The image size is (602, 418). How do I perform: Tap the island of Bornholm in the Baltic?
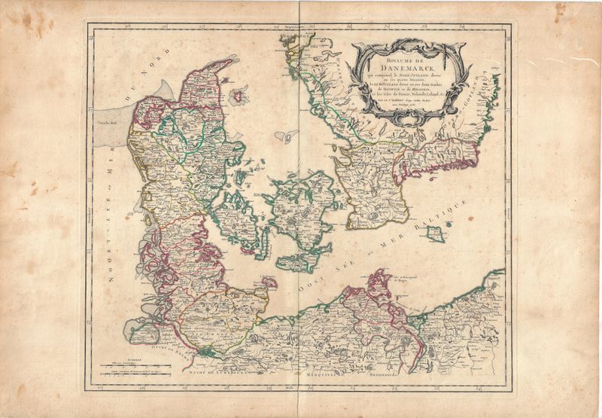pyautogui.click(x=434, y=233)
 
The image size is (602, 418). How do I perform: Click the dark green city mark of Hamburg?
pyautogui.click(x=206, y=348)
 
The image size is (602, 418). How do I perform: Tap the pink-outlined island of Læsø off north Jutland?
pyautogui.click(x=239, y=96)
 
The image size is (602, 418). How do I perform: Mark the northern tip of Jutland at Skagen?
pyautogui.click(x=229, y=60)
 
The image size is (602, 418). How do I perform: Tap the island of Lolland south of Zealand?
pyautogui.click(x=293, y=262)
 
